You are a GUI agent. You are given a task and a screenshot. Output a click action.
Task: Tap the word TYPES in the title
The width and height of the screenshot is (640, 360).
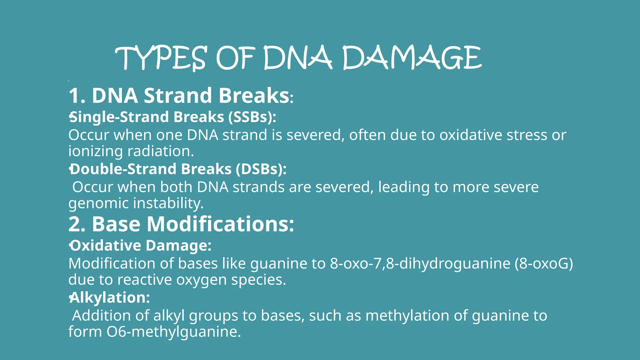[161, 58]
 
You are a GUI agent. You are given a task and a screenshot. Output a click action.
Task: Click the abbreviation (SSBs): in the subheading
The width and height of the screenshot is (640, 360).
[252, 117]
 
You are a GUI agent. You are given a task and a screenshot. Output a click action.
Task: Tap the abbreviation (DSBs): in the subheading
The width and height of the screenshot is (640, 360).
[261, 169]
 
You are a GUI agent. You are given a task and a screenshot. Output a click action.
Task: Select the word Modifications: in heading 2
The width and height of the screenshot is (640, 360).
[220, 224]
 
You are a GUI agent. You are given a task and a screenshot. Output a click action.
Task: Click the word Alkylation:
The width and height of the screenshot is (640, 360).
[110, 297]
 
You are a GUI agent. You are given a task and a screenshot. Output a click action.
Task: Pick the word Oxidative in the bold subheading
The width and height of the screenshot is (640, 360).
[106, 245]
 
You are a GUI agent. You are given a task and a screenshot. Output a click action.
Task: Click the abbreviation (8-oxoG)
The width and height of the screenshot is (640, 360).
[544, 263]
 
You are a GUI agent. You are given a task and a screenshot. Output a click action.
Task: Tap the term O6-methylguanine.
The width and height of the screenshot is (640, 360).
[174, 332]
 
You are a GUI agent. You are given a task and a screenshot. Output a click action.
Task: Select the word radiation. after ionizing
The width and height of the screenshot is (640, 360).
[161, 151]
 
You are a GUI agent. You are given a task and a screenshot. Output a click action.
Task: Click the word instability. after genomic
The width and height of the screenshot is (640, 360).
[168, 203]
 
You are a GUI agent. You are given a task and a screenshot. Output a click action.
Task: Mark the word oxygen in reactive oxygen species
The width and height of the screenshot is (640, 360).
[201, 280]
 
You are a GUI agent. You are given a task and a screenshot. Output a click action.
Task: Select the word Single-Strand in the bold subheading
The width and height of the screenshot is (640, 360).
[120, 117]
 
